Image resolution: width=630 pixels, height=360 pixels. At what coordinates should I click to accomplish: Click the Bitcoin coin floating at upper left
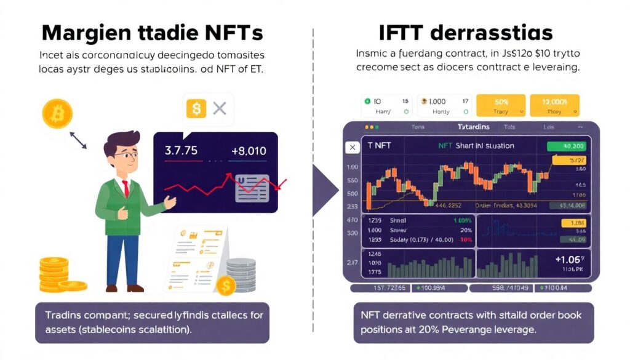point(57,114)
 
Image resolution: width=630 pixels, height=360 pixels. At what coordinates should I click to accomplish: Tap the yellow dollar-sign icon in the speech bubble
point(196,110)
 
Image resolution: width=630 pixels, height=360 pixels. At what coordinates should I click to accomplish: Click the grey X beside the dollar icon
point(220,110)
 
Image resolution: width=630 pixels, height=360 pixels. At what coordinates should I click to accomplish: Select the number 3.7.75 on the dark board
point(181,150)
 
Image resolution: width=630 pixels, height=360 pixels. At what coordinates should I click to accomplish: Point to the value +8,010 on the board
point(248,150)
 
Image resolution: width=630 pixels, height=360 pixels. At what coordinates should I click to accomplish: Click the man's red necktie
point(126,188)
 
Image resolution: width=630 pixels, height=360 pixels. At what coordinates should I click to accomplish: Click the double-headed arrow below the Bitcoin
point(78,140)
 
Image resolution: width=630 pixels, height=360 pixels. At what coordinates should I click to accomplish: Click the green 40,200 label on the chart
point(567,146)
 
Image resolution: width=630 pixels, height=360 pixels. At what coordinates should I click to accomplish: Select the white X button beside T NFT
point(352,147)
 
